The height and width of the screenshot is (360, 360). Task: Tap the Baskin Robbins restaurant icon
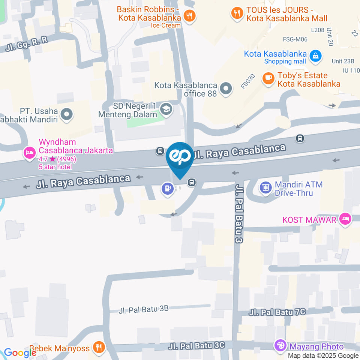point(190,15)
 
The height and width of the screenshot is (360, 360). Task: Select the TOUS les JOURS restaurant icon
point(237,13)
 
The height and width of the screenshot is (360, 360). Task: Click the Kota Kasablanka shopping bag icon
point(316,55)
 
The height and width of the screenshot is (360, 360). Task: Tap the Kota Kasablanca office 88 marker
point(226,89)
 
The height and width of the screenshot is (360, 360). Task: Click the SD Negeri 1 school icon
point(165,109)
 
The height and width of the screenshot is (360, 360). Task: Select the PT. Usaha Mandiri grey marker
point(67,114)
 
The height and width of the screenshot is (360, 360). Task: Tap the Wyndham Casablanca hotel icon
point(29,153)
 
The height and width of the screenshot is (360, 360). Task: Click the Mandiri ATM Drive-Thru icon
point(266,187)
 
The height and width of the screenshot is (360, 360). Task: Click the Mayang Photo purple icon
point(280,346)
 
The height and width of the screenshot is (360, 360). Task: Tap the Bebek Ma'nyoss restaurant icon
point(99,348)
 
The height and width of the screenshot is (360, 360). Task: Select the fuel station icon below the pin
point(166,188)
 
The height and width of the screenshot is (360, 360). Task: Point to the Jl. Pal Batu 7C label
point(277,312)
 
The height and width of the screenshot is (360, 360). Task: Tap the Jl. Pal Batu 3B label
point(143,309)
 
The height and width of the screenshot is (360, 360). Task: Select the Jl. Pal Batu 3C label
point(196,345)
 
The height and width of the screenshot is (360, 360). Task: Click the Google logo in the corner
point(20,352)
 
